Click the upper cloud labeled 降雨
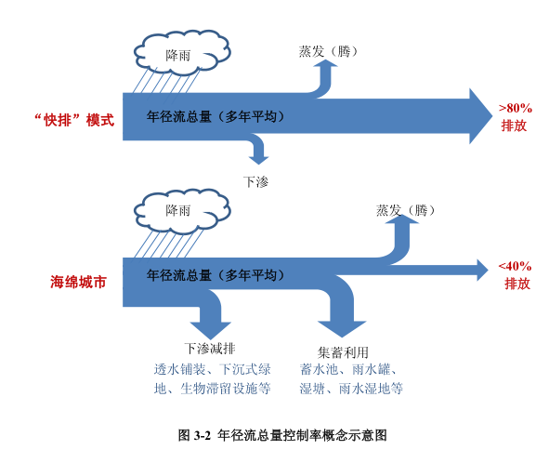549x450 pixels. [182, 53]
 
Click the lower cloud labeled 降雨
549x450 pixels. [182, 211]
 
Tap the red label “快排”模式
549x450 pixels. [74, 120]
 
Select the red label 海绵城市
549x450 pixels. [78, 282]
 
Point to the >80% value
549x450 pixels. [516, 108]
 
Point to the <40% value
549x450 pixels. [515, 266]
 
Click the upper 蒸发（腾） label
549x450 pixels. [329, 51]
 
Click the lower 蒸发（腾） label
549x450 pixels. [405, 210]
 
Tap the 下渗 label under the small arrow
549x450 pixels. [256, 182]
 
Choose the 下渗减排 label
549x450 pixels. [210, 349]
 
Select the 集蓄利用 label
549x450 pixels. [343, 352]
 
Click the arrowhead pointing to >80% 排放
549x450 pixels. [481, 116]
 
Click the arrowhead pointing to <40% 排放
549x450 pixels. [482, 271]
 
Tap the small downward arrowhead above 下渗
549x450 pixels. [259, 161]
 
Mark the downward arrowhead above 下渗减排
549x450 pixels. [210, 330]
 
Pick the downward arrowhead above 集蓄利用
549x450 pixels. [342, 329]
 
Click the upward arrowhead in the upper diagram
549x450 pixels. [326, 63]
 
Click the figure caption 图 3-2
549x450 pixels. [194, 435]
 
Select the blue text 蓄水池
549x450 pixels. [319, 369]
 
